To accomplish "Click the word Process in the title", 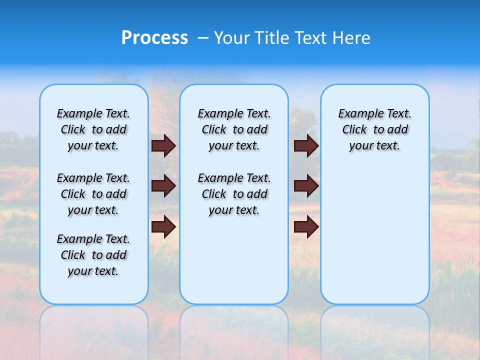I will (154, 38).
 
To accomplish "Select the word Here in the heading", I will (350, 38).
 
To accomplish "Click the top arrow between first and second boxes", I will (163, 145).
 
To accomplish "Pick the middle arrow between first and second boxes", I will (163, 186).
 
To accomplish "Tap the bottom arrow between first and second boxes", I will (163, 226).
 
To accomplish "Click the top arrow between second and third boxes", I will (306, 145).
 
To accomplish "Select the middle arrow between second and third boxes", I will (306, 186).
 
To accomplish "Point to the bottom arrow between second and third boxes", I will (306, 226).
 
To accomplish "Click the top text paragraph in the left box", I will (93, 129).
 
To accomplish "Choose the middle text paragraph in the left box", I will (93, 194).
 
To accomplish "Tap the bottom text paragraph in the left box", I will (93, 255).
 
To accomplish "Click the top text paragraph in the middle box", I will (234, 129).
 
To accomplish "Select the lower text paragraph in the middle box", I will (234, 194).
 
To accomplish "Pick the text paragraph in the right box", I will (375, 129).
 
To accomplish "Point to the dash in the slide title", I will (202, 38).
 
